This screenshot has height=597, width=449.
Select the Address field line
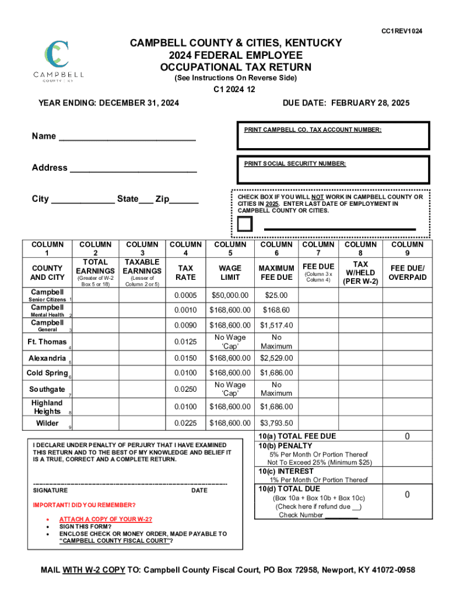click(132, 170)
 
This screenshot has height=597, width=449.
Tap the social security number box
click(333, 173)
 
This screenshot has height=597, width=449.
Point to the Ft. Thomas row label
click(47, 342)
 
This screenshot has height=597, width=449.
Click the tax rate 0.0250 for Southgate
click(185, 389)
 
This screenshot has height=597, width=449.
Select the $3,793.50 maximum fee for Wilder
click(276, 423)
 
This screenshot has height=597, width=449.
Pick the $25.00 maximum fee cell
click(276, 295)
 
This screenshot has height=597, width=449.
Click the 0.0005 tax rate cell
click(185, 295)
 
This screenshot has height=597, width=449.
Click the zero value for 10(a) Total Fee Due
click(408, 437)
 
